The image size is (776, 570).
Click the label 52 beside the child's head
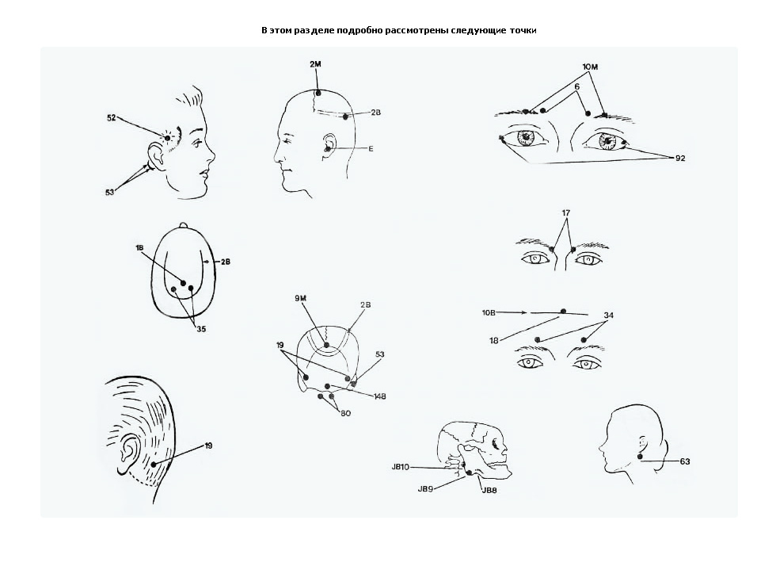point(112,117)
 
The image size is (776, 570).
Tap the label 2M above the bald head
point(315,64)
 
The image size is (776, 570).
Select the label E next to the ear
point(371,149)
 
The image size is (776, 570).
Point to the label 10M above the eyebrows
point(590,67)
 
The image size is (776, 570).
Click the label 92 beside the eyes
point(680,158)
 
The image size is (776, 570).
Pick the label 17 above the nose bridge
point(566,212)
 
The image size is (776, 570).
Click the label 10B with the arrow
point(489,313)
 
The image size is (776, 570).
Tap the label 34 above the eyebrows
point(609,316)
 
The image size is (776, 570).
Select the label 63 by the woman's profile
point(685,461)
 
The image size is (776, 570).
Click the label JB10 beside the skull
point(401,467)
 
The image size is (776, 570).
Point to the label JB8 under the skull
point(489,490)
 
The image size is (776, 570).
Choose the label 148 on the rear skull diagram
point(379,396)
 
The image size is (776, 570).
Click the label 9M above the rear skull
point(301,298)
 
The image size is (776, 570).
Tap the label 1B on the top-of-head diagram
point(139,247)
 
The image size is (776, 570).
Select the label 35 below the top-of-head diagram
point(201,329)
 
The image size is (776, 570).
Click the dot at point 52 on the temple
point(167,138)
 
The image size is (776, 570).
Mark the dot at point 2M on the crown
point(318,93)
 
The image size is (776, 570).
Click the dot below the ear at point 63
point(640,456)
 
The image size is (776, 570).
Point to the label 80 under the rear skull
point(345,413)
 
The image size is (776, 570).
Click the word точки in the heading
point(523,30)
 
